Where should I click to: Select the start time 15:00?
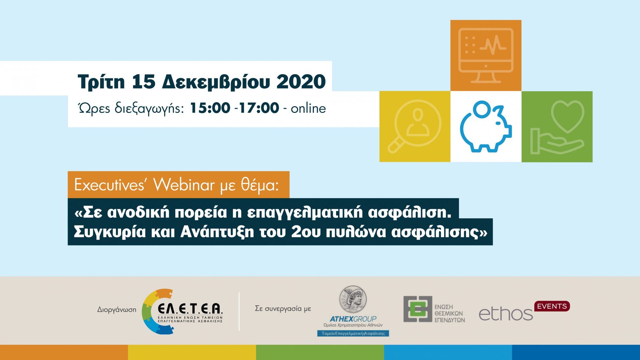tap(210, 108)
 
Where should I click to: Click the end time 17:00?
tap(259, 108)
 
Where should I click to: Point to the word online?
tap(308, 108)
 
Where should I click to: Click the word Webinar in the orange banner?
tap(184, 185)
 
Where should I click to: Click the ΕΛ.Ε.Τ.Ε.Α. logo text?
tap(190, 309)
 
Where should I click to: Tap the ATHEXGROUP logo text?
tap(353, 319)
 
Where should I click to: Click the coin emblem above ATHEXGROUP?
tap(353, 299)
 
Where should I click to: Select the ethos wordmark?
tap(505, 314)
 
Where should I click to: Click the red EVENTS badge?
tap(552, 306)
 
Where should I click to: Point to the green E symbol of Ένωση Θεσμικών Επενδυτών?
tap(418, 309)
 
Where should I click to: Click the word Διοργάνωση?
tap(117, 309)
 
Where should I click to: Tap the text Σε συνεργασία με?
tap(283, 308)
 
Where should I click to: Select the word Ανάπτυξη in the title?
tap(217, 232)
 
